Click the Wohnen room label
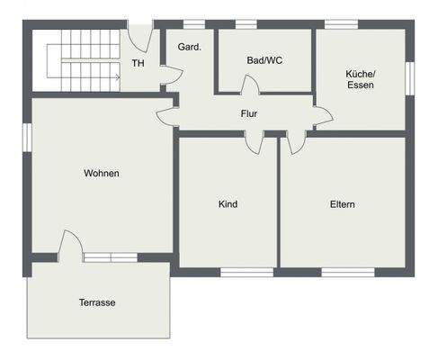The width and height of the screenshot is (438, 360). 102,173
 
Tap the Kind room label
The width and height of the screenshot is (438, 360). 228,204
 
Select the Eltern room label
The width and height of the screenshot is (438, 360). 342,204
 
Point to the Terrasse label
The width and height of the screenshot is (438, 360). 96,302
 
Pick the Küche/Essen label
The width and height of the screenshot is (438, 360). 360,79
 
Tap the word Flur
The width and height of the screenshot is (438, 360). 249,114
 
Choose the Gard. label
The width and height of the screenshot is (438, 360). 189,47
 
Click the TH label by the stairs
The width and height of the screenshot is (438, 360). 138,63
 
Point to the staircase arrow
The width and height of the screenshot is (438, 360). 115,77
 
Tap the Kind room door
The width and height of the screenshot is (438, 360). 256,142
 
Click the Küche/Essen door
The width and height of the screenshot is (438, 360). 322,115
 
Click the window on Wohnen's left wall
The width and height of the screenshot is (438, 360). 28,134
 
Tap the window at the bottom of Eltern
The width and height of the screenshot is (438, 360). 348,271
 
